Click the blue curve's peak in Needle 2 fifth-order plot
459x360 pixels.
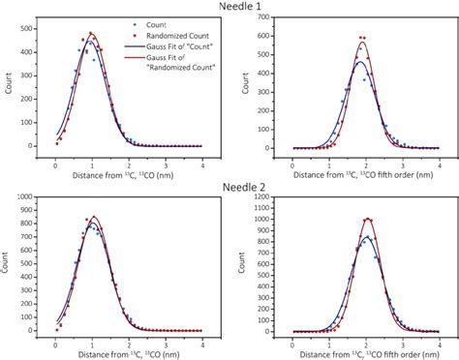click(367, 237)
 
